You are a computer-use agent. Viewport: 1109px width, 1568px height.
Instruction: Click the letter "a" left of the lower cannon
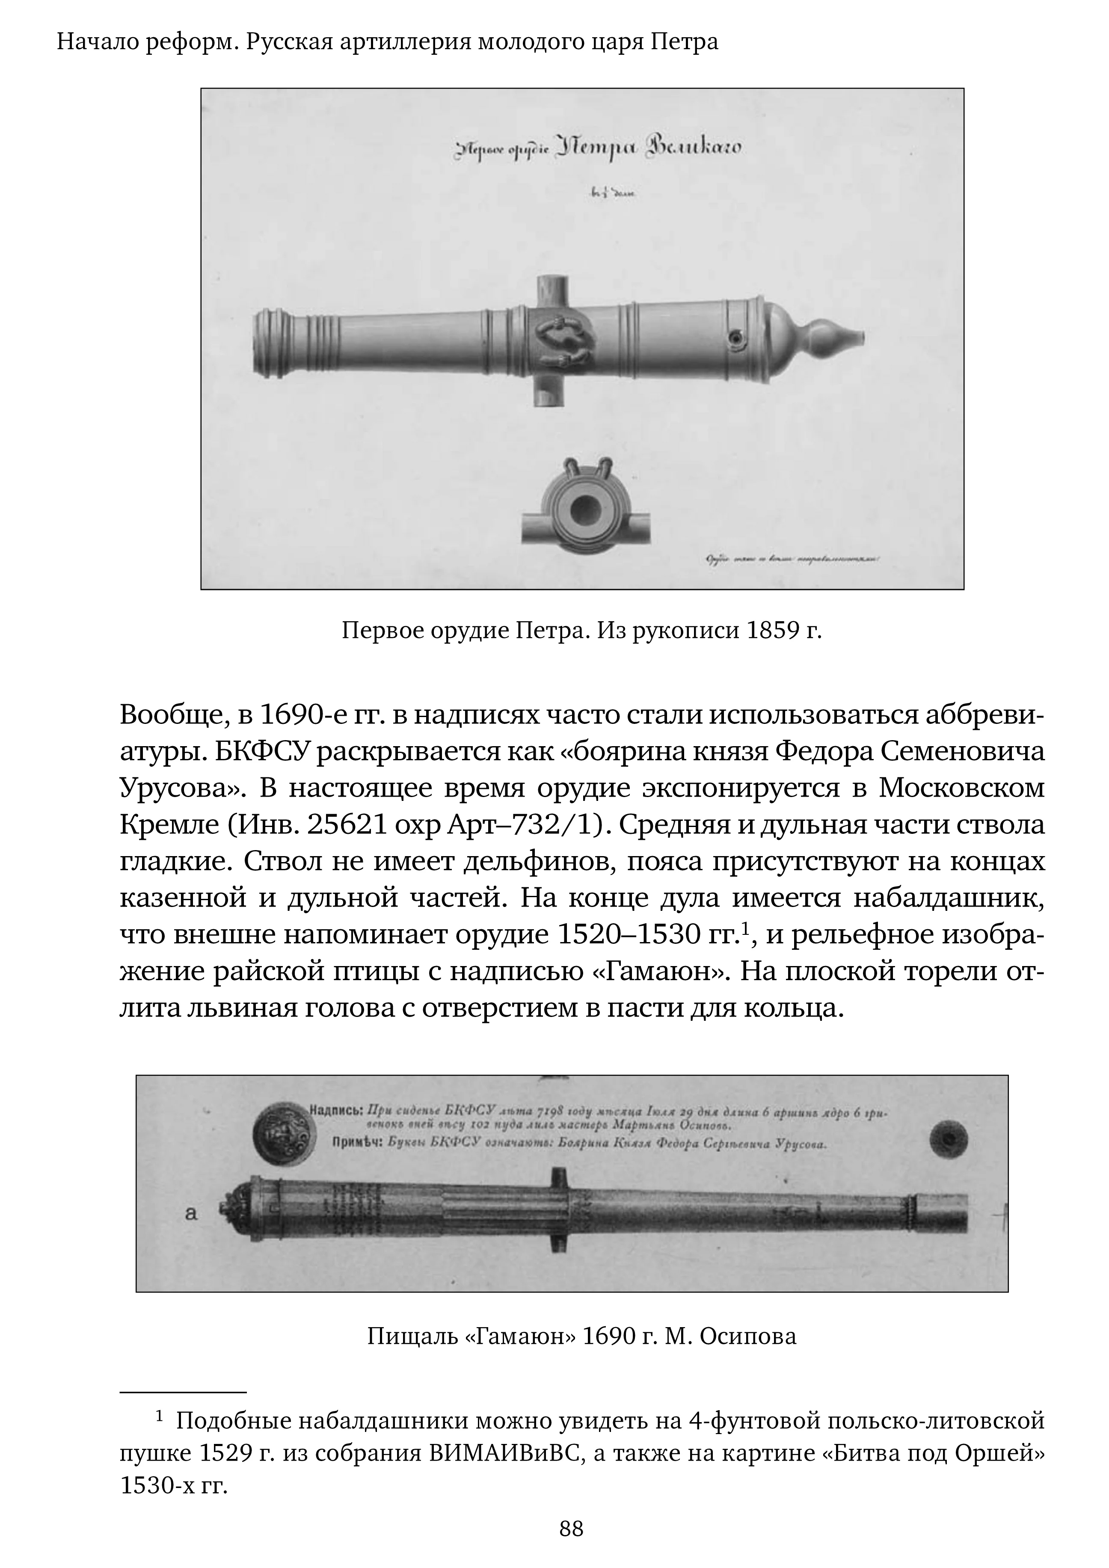point(191,1214)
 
